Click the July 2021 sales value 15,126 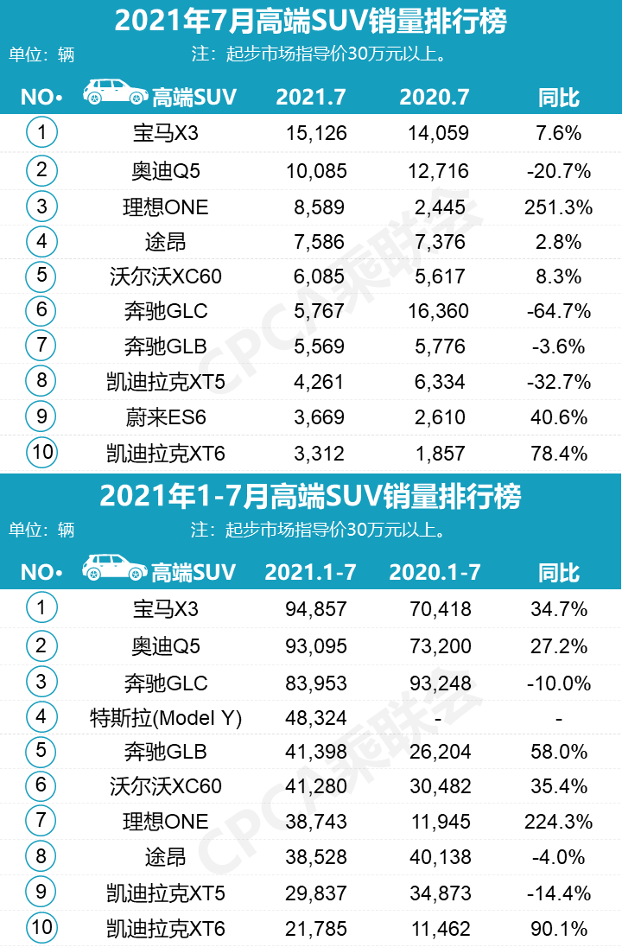(x=315, y=134)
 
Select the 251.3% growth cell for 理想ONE (x=558, y=207)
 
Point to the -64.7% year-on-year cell (x=558, y=311)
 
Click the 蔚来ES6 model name (x=165, y=417)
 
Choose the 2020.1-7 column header (x=435, y=572)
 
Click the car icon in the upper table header (x=114, y=92)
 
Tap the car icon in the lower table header (x=114, y=568)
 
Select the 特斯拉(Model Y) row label (x=165, y=717)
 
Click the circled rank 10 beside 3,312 (x=41, y=452)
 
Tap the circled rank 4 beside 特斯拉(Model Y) (x=41, y=716)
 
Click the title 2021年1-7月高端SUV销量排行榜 (x=310, y=497)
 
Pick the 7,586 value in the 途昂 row (x=315, y=242)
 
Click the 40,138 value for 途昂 (x=441, y=857)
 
